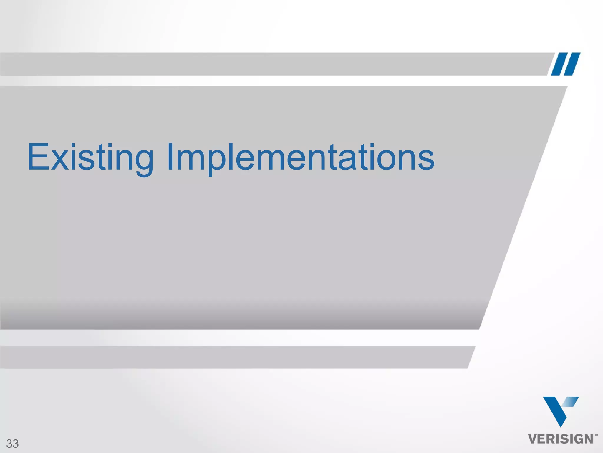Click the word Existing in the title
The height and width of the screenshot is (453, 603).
click(90, 157)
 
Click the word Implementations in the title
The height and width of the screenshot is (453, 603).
click(300, 157)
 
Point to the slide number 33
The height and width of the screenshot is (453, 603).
click(12, 444)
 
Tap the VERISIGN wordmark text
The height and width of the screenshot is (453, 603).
click(561, 439)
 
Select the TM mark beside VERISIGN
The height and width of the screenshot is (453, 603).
click(596, 435)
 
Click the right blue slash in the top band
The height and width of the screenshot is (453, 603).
click(572, 64)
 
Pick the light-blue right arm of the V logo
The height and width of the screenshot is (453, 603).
click(571, 402)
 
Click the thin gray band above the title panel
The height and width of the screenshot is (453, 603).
click(265, 64)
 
